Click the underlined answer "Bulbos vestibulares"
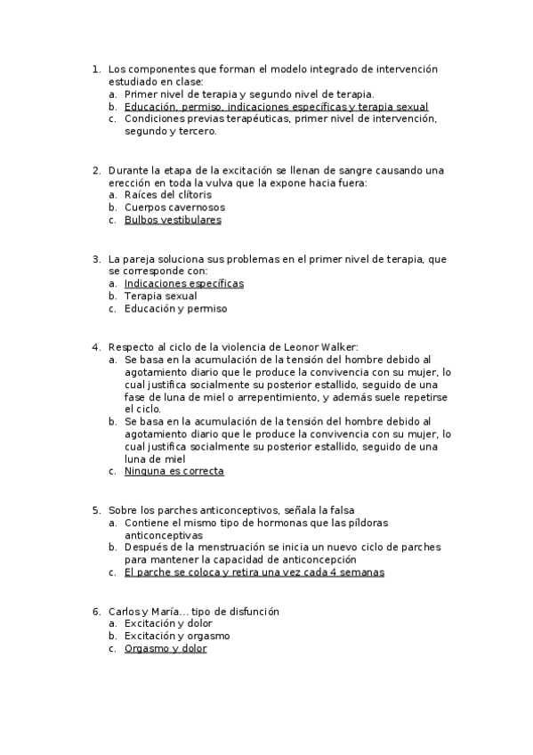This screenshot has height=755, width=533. [173, 220]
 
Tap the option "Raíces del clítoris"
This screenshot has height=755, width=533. [168, 195]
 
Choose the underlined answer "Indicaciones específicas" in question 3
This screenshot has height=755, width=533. [183, 283]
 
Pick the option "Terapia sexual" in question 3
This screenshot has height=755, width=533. [160, 296]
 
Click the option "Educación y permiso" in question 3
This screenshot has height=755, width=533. [175, 309]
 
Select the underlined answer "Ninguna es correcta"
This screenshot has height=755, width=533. [174, 471]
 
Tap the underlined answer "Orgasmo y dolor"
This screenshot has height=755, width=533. [166, 649]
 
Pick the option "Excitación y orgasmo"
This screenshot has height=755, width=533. [177, 637]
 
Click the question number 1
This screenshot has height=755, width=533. [96, 69]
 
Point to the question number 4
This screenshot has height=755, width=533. [96, 346]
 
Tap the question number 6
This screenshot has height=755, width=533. [96, 612]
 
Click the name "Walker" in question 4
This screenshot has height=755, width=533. [338, 346]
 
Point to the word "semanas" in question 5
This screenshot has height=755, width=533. [362, 572]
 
